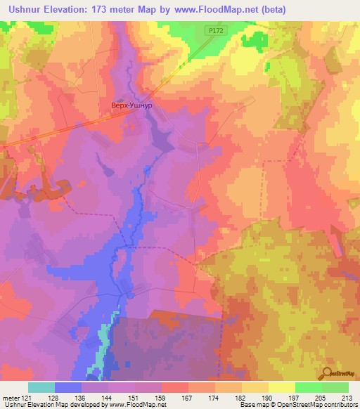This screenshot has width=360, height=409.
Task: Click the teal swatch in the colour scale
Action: (x=41, y=387)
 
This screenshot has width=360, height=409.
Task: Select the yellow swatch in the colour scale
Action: (x=282, y=387)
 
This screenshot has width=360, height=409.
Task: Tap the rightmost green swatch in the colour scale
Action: (x=335, y=387)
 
